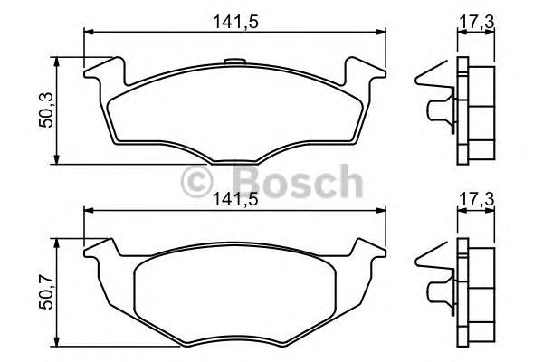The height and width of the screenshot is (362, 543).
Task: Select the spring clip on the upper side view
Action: point(433,100)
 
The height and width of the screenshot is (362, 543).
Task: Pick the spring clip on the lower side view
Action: point(433,280)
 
